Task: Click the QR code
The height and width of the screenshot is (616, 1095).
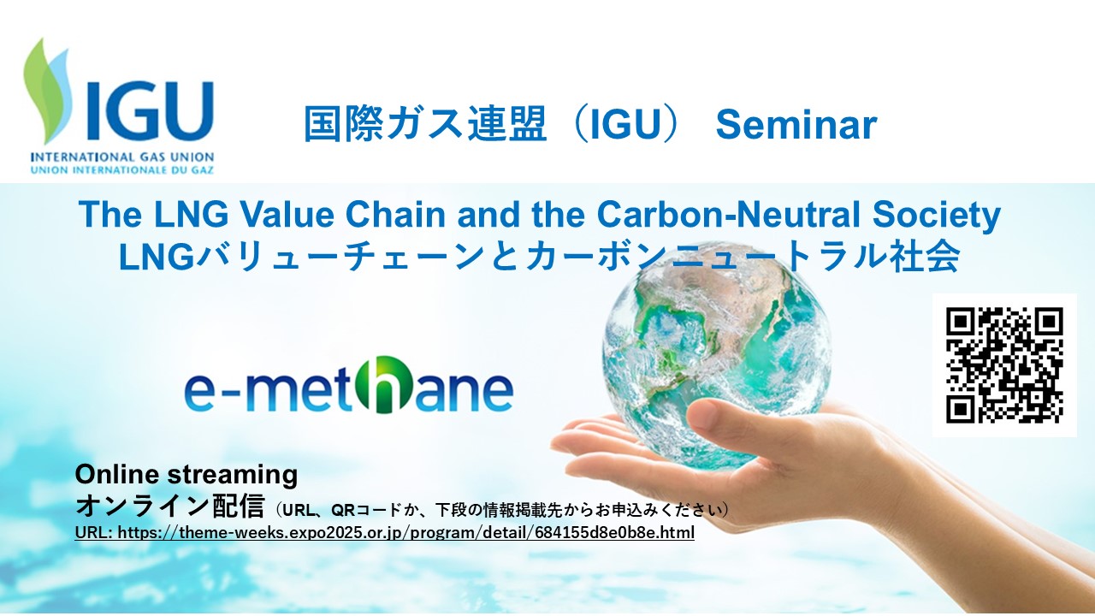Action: [1004, 364]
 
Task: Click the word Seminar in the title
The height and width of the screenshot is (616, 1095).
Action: [796, 125]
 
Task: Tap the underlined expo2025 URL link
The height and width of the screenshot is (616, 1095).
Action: [385, 532]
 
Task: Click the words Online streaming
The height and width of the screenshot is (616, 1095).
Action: [186, 474]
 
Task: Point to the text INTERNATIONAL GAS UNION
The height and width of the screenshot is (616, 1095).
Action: [121, 157]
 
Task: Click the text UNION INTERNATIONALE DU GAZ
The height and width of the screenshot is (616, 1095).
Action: [121, 169]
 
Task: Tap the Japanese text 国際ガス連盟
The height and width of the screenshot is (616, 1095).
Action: [424, 124]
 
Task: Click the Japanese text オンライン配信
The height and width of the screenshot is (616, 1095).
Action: [170, 506]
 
